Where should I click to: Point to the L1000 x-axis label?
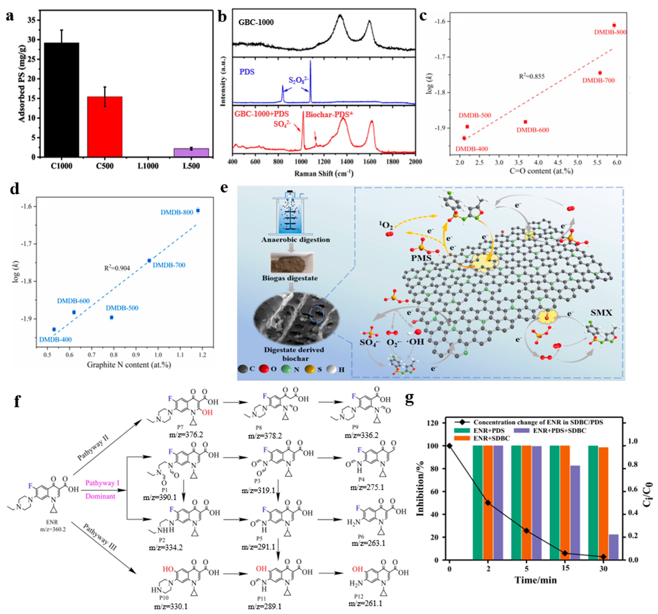tap(148, 166)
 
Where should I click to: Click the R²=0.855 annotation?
tap(532, 76)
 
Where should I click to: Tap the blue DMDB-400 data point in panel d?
tap(54, 329)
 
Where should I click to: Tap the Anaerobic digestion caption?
tap(296, 240)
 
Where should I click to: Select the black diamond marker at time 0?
tap(449, 446)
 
